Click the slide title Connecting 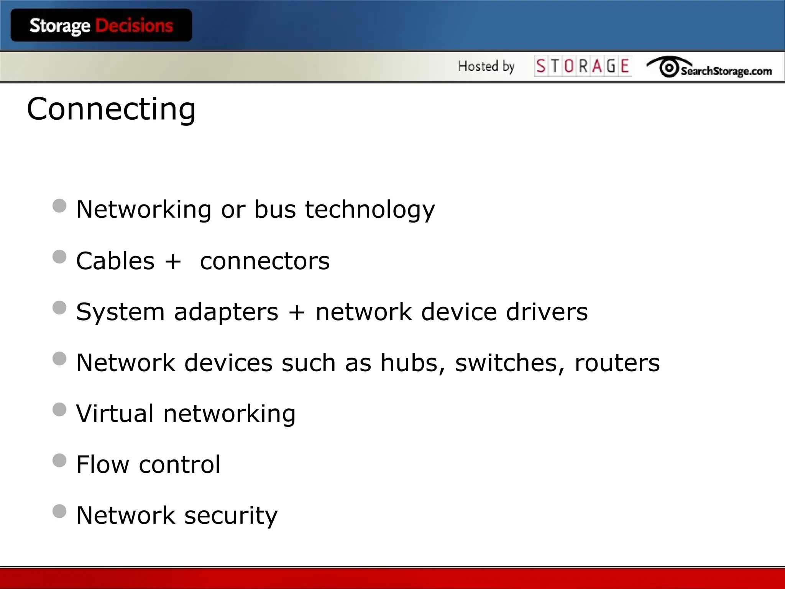tap(111, 109)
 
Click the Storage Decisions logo tap(101, 26)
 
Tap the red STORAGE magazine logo tap(583, 66)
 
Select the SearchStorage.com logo tap(709, 67)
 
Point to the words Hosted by tap(486, 66)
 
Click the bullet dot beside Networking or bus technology tap(59, 206)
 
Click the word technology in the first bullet tap(370, 210)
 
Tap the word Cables tap(115, 261)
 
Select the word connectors tap(265, 261)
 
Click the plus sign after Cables tap(173, 262)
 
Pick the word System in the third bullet tap(120, 312)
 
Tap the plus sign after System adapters tap(297, 312)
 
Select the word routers tap(617, 363)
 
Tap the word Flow tap(103, 464)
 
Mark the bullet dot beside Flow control tap(59, 461)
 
